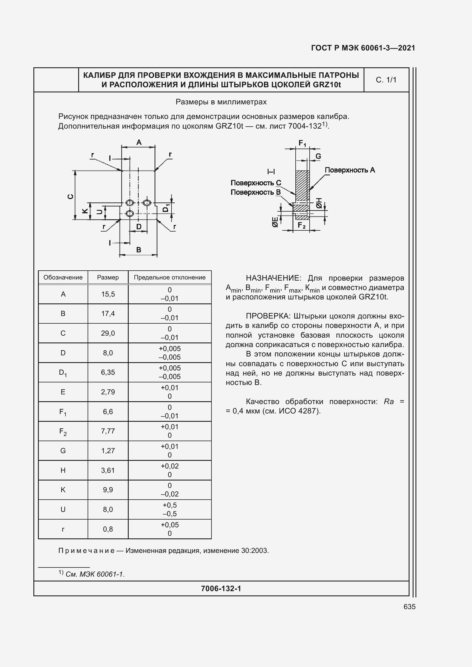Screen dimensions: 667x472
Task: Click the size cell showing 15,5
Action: coord(108,294)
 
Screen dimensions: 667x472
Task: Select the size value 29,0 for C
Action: coord(108,333)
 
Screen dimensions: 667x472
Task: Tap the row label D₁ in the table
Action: coord(63,372)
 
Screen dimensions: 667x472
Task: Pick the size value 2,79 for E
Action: coord(108,392)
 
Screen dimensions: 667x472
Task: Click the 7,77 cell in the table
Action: coord(108,431)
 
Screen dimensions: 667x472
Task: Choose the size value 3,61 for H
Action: coord(108,470)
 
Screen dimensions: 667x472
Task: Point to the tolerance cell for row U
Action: coord(170,510)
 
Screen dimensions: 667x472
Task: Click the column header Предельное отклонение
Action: coord(170,277)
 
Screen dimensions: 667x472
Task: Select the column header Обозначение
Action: coord(63,277)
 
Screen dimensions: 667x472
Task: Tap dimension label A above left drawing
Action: coord(139,142)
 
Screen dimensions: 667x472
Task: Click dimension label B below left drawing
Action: coord(139,250)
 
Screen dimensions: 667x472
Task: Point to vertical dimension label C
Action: coord(70,197)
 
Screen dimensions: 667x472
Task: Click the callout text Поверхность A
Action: coord(350,170)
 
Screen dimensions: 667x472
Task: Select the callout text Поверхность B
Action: coord(255,192)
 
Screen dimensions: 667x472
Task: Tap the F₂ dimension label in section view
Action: coord(302,225)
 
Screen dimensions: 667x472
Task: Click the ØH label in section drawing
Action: coord(319,203)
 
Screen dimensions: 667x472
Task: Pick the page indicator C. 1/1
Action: coord(386,80)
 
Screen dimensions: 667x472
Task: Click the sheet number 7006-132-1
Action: coord(221,589)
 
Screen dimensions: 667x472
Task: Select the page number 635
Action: coord(409,607)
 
